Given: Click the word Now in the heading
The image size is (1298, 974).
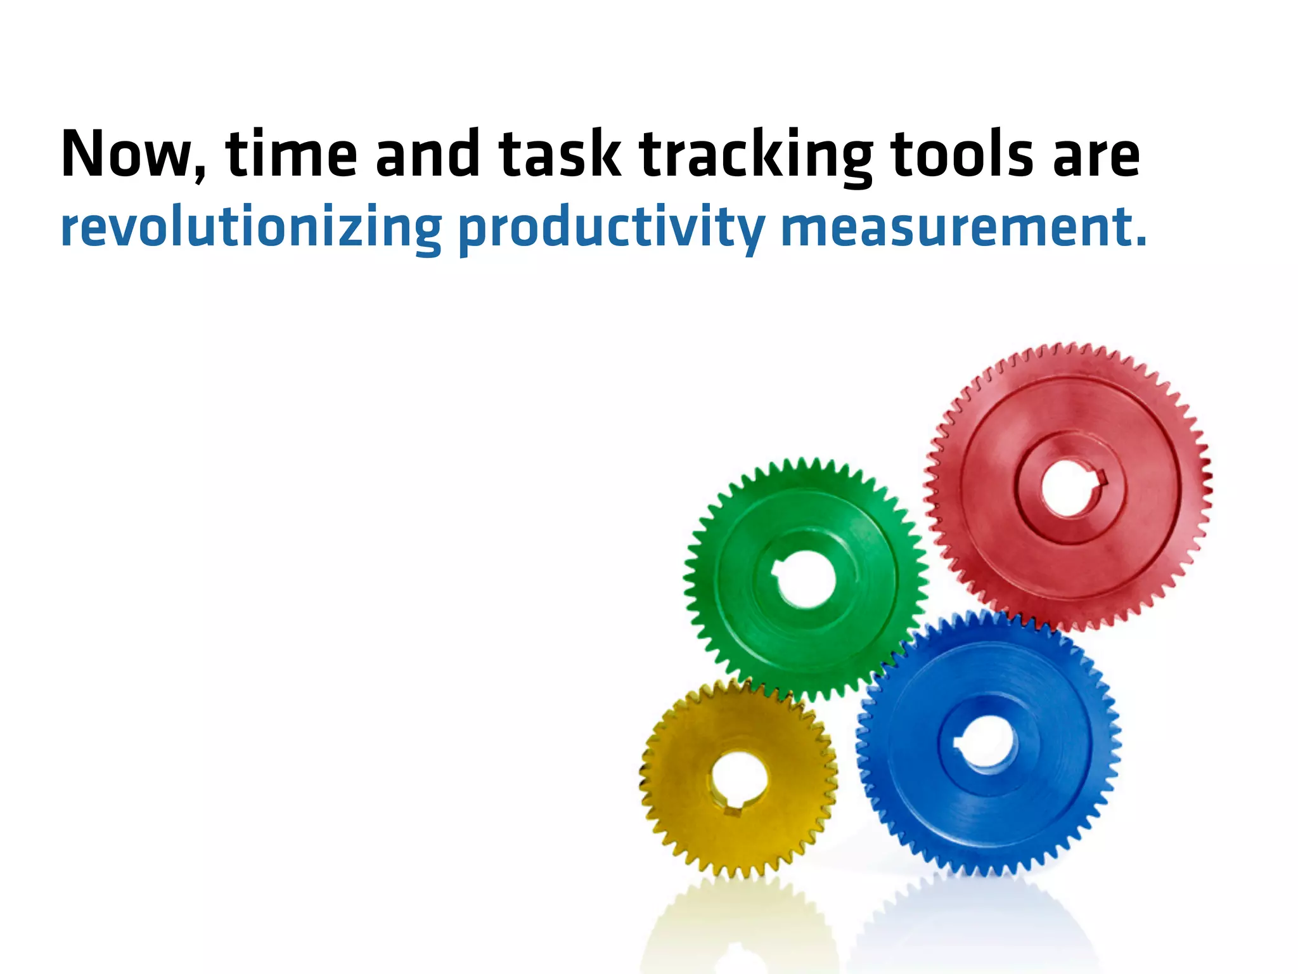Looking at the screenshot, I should tap(127, 154).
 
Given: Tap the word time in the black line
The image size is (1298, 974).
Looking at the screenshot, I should tap(291, 154).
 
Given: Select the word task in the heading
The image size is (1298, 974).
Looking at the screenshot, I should tap(559, 154).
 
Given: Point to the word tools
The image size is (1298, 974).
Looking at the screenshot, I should tap(962, 154).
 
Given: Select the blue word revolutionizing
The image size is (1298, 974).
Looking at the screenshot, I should tap(251, 228).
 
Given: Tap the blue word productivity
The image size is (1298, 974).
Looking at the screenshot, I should tap(611, 229).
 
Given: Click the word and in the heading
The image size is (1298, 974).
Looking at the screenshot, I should tap(427, 154).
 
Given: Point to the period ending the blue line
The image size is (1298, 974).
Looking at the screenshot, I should tap(1141, 242).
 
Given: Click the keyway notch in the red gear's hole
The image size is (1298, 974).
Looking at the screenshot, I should tap(1102, 477).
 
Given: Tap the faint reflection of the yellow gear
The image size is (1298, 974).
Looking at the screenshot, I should tap(738, 932).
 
